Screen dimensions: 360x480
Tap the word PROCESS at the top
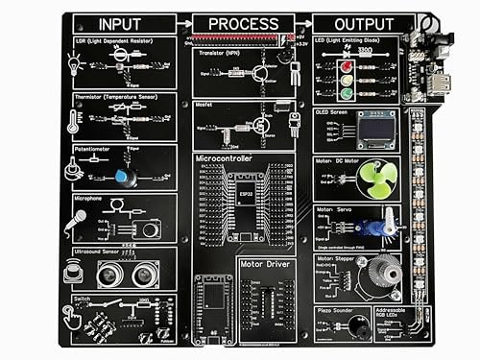click(x=243, y=24)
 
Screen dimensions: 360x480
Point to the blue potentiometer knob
click(x=123, y=177)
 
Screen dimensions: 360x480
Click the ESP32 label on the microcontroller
click(x=247, y=191)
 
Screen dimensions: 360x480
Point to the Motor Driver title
click(x=265, y=261)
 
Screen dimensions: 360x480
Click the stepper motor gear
click(x=390, y=273)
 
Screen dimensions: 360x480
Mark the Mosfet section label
click(x=204, y=104)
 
